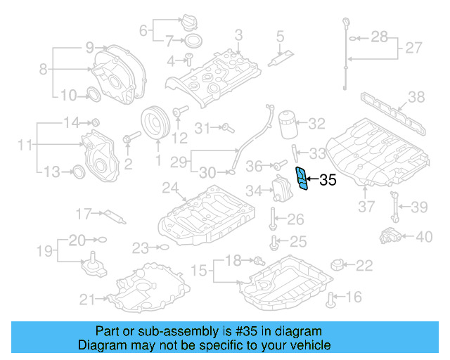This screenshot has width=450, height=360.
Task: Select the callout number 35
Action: pos(327,181)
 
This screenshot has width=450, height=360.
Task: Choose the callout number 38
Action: pos(416,96)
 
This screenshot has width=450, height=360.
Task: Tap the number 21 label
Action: pos(86,300)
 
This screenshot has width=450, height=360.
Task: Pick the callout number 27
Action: pos(413,49)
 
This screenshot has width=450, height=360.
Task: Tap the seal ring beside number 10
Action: pos(92,95)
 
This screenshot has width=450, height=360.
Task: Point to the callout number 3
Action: pos(238,34)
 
